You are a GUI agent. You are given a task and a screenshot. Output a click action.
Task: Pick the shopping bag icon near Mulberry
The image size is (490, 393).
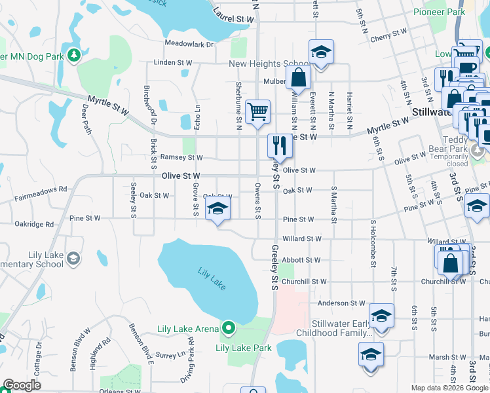(299, 77)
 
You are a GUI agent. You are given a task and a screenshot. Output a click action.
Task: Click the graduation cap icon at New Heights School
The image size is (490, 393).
(321, 52)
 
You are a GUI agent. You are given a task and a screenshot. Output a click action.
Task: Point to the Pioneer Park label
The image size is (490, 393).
(440, 12)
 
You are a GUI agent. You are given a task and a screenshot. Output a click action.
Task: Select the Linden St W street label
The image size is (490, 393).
(173, 62)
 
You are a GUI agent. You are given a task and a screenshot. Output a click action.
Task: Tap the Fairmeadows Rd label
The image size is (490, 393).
(40, 189)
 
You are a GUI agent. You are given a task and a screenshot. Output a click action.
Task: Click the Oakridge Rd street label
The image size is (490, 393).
(34, 224)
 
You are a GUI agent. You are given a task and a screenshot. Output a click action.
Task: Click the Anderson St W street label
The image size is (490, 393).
(341, 303)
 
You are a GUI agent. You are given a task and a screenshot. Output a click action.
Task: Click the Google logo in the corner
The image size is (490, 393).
(22, 385)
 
